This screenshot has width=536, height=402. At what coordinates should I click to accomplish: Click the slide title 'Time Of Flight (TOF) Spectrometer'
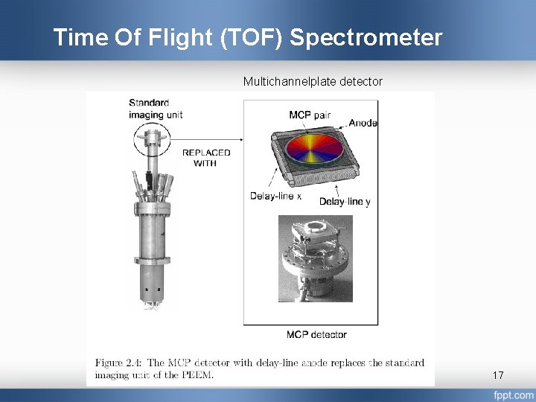coord(247,37)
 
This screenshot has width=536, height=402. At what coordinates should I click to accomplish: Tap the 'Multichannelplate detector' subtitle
coord(313,81)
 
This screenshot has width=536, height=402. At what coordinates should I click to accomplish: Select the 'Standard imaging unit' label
coord(155,109)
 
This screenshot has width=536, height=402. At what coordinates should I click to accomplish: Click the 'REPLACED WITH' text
coord(206,158)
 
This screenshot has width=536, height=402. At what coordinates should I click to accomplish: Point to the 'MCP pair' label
coord(310,115)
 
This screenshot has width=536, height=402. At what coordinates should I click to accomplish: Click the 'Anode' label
coord(363,123)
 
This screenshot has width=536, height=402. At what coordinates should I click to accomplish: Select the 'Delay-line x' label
coord(275,197)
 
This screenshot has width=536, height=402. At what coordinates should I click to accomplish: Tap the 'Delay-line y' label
coord(345,202)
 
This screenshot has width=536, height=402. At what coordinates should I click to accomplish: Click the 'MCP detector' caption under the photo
coord(316,334)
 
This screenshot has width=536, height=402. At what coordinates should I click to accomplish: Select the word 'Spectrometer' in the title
coord(366,37)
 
